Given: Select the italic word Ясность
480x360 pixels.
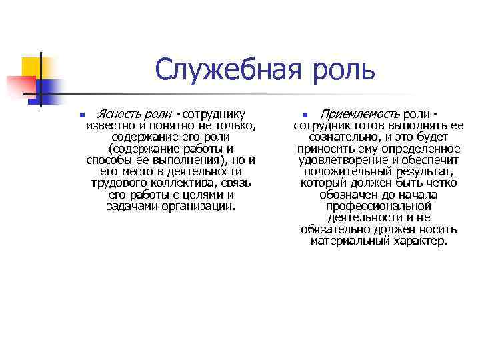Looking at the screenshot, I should pyautogui.click(x=119, y=114).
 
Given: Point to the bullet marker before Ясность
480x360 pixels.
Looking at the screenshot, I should pyautogui.click(x=81, y=115).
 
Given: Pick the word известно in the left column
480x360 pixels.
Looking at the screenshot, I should pyautogui.click(x=110, y=126).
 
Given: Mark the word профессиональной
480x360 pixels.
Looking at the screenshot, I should pyautogui.click(x=379, y=206).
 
